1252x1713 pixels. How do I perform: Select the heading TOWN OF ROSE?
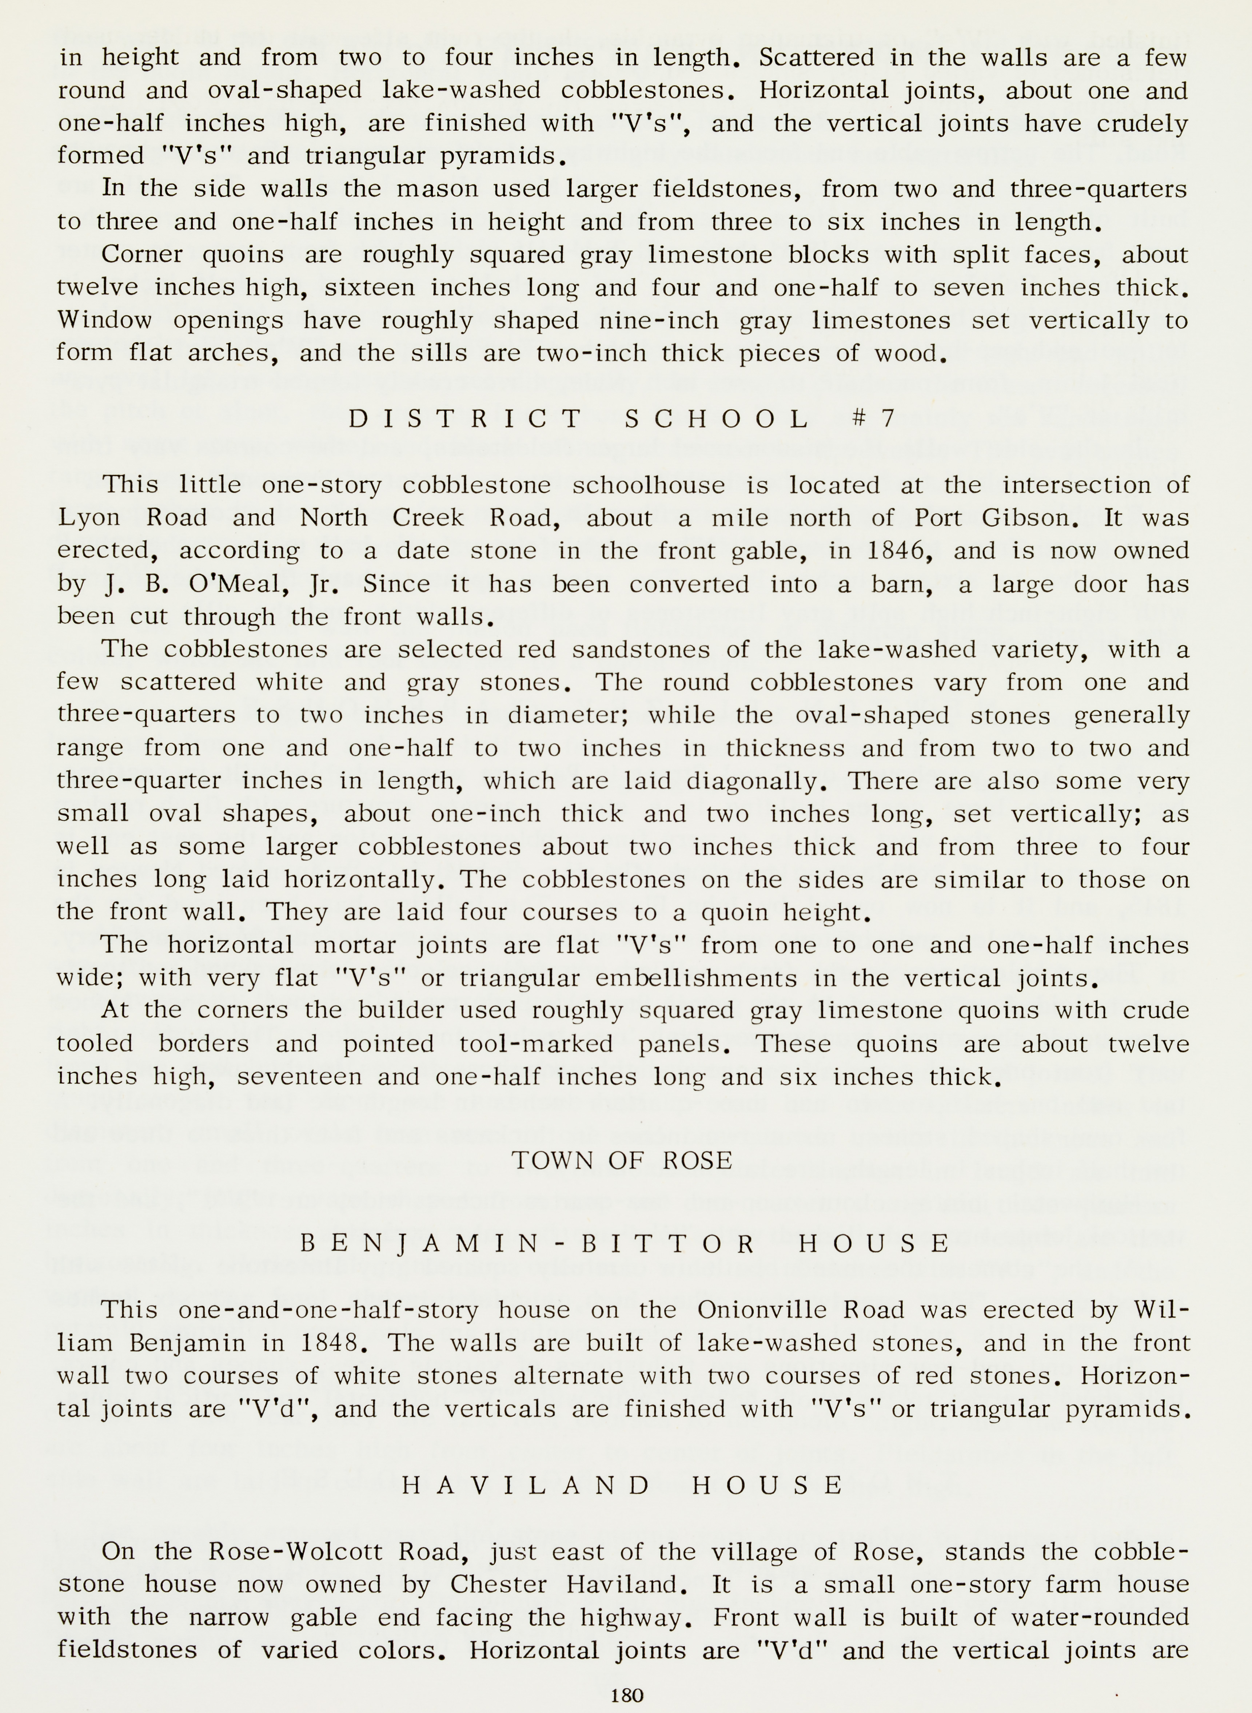pos(622,1160)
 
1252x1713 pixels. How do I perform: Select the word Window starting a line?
pos(105,321)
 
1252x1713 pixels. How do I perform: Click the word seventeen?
pos(299,1077)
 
